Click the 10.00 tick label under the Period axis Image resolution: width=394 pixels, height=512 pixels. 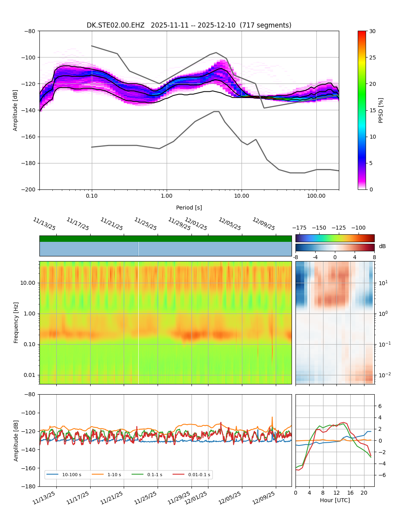242,196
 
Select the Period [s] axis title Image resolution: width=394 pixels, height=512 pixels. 189,208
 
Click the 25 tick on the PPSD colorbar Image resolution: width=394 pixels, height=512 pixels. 372,58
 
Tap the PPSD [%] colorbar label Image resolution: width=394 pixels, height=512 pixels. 381,110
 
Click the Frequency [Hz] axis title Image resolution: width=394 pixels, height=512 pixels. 16,322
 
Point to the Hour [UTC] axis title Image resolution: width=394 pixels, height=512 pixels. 335,500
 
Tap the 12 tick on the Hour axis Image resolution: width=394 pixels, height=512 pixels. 336,493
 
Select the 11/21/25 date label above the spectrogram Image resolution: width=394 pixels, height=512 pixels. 112,224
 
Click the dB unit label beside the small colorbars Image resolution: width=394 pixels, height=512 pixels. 382,246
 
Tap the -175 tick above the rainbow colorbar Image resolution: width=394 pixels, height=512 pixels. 299,228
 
